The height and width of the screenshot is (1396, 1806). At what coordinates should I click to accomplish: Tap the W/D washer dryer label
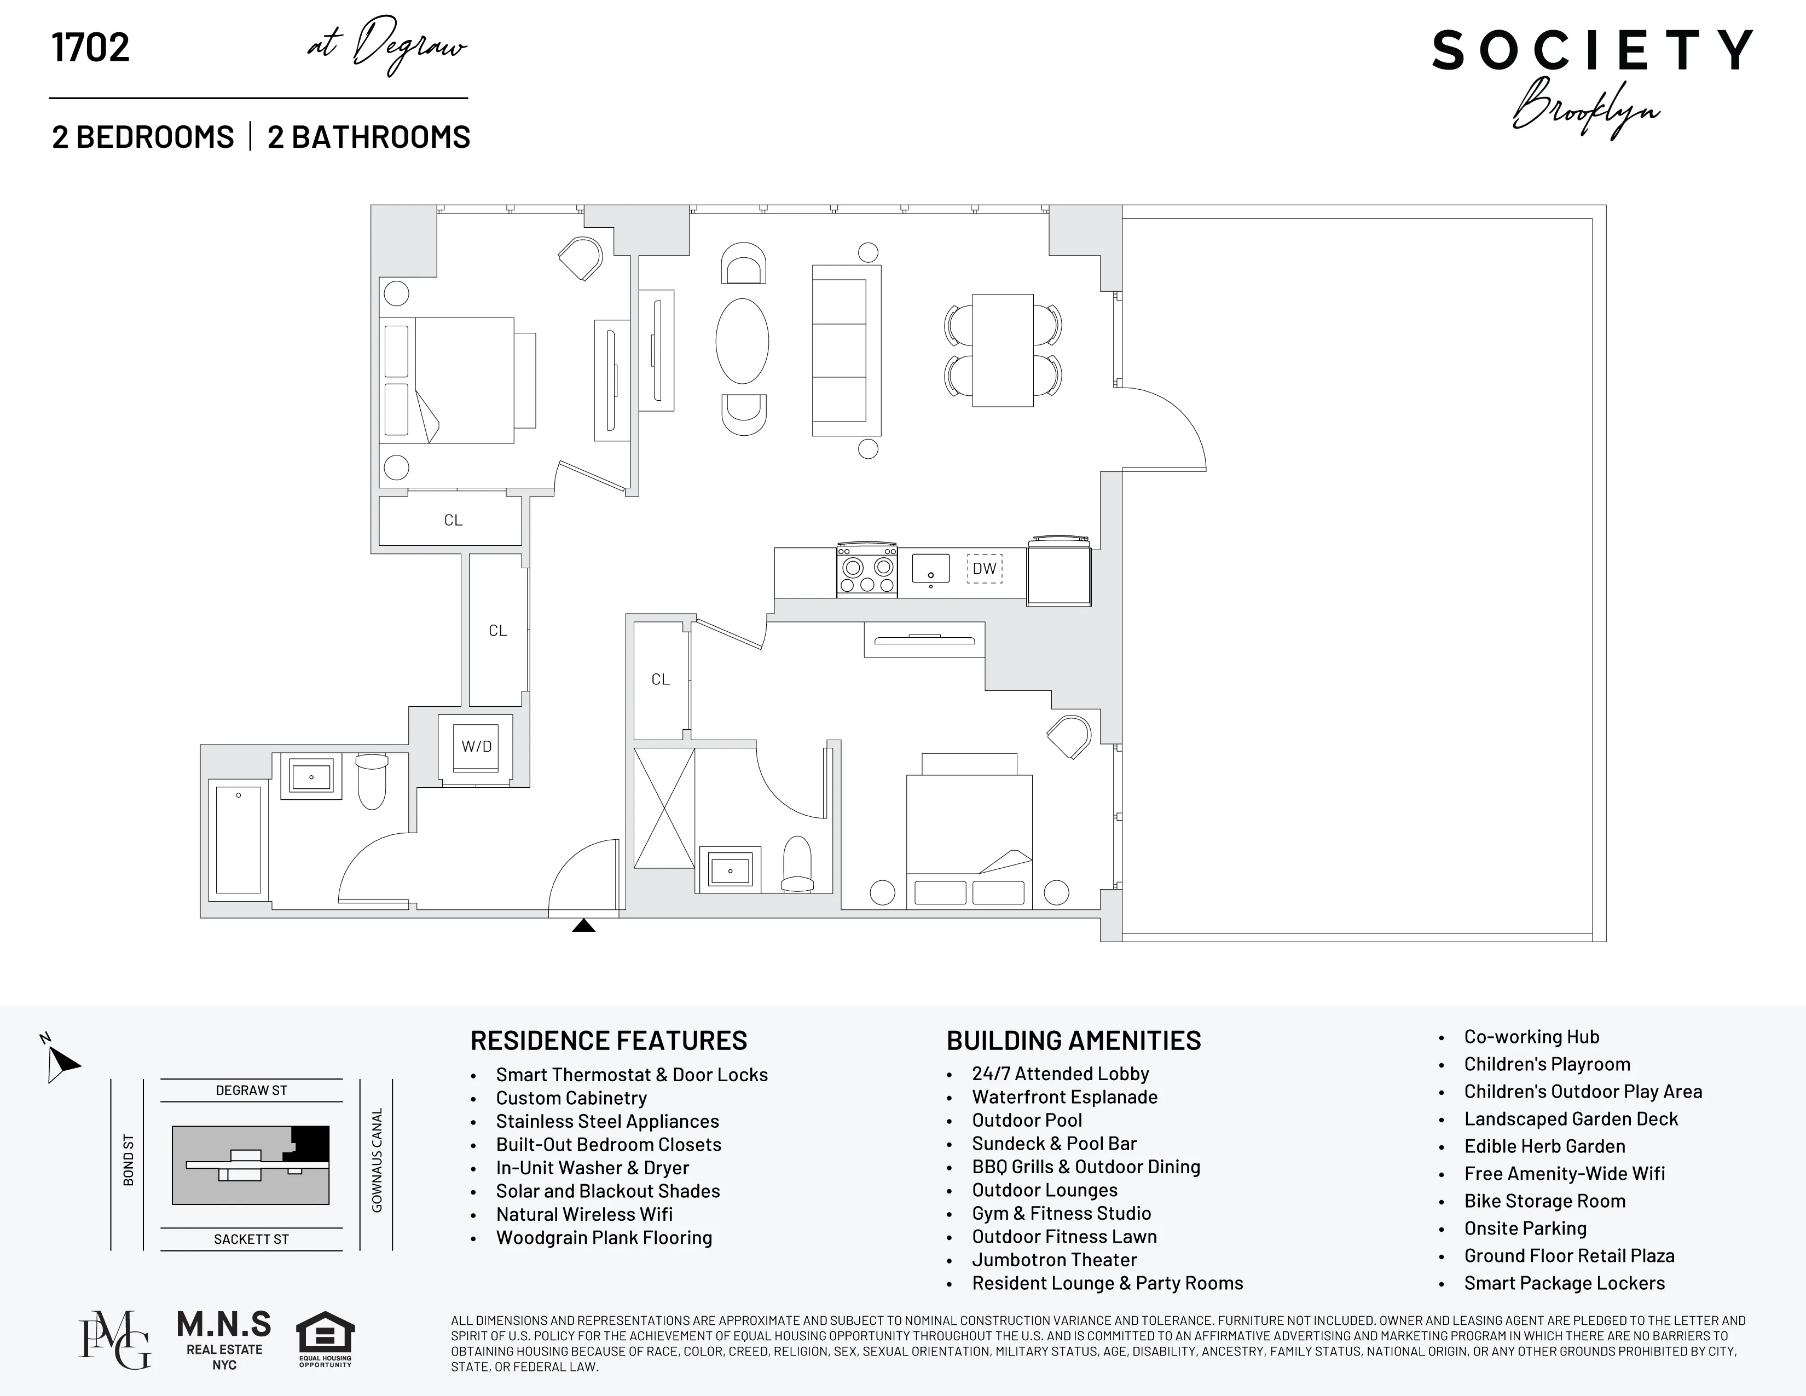click(476, 747)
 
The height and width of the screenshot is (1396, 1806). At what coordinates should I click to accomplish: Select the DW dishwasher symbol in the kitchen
click(984, 569)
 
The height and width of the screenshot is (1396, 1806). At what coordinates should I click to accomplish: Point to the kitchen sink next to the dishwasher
click(930, 568)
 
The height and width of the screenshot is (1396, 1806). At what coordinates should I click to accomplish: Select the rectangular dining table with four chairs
click(1002, 350)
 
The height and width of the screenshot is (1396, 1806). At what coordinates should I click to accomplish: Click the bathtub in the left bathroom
click(238, 839)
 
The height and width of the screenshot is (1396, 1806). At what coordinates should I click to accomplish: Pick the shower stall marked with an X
click(664, 808)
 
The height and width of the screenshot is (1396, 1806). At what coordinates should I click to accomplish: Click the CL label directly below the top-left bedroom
click(453, 520)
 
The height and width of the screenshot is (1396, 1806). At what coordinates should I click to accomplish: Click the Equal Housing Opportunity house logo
click(325, 1337)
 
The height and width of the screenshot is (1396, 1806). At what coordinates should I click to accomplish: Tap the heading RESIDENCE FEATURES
click(609, 1040)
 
